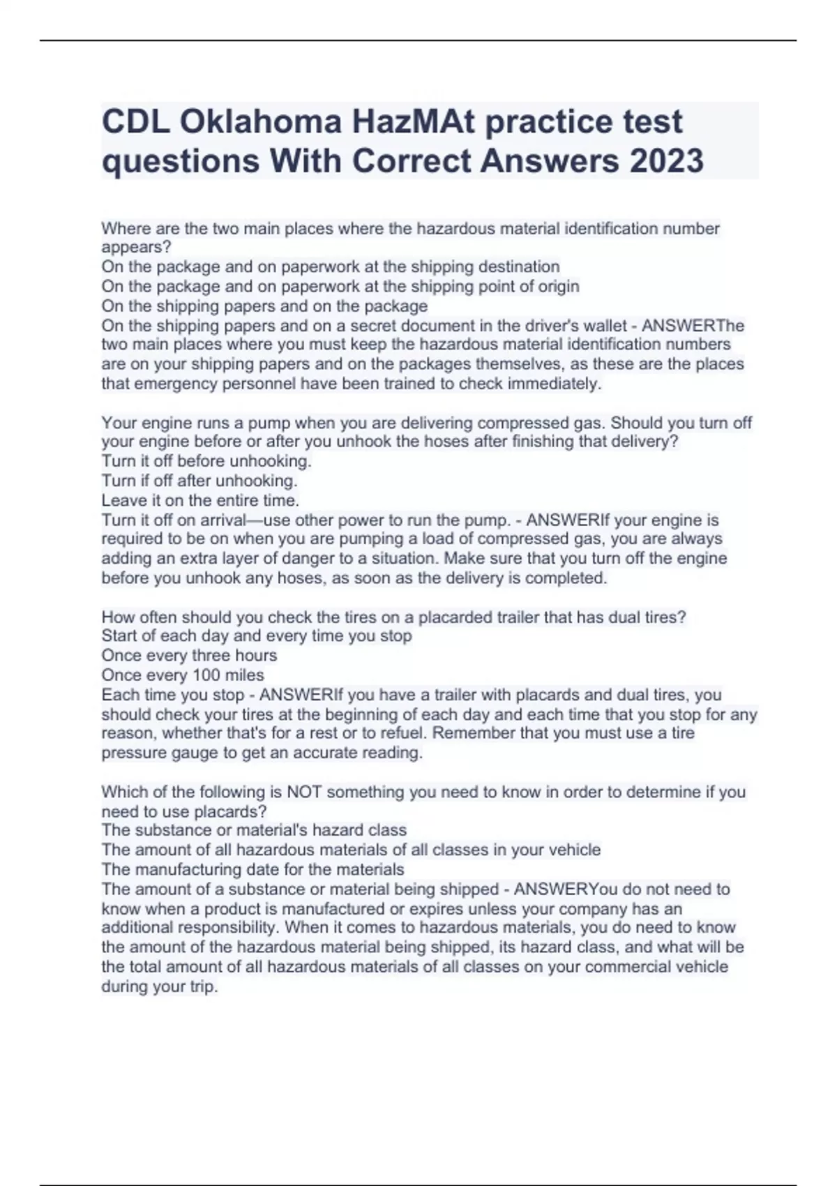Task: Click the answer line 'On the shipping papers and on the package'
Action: coord(264,306)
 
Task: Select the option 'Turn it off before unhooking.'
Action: coord(206,461)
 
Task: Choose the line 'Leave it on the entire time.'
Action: coord(200,500)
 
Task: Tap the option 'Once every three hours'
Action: coord(189,656)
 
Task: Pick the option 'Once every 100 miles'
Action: coord(183,675)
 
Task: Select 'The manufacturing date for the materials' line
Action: coord(252,870)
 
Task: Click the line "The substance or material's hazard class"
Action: coord(254,830)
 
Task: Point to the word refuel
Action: coord(402,734)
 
